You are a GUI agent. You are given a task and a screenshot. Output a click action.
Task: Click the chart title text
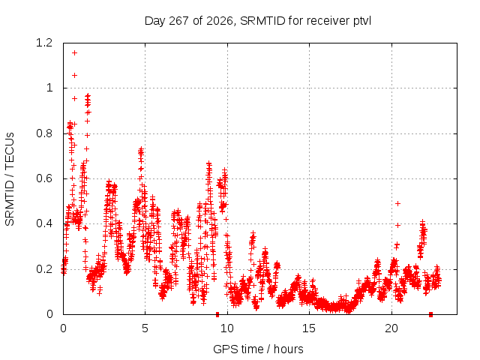258,21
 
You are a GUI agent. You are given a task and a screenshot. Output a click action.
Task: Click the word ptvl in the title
362,22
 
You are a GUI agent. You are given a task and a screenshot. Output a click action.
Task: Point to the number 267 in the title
178,21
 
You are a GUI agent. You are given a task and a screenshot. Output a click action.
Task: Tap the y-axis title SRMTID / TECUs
10,179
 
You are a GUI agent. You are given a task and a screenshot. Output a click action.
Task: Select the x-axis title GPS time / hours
258,349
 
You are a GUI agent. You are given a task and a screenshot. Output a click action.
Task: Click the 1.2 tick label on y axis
44,43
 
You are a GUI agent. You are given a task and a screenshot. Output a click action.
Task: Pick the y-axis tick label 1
49,88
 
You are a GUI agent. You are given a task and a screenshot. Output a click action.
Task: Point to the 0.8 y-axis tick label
44,133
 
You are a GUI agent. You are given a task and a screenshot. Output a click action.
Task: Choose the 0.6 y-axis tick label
44,178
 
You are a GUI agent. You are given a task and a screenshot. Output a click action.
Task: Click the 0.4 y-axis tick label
44,223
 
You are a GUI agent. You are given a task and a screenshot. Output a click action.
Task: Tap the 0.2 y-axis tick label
44,269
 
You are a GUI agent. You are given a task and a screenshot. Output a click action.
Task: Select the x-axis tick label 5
145,328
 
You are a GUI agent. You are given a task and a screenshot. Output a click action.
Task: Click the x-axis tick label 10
227,328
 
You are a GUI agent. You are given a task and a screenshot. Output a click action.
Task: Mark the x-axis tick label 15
309,328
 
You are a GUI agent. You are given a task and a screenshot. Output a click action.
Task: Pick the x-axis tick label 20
391,328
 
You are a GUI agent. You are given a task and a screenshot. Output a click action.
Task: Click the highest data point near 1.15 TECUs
74,53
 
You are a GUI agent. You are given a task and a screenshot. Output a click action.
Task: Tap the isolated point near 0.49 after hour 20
397,203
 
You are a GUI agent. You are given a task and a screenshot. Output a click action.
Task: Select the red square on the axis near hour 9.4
217,314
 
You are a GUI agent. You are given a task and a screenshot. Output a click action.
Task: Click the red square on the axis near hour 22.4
430,314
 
